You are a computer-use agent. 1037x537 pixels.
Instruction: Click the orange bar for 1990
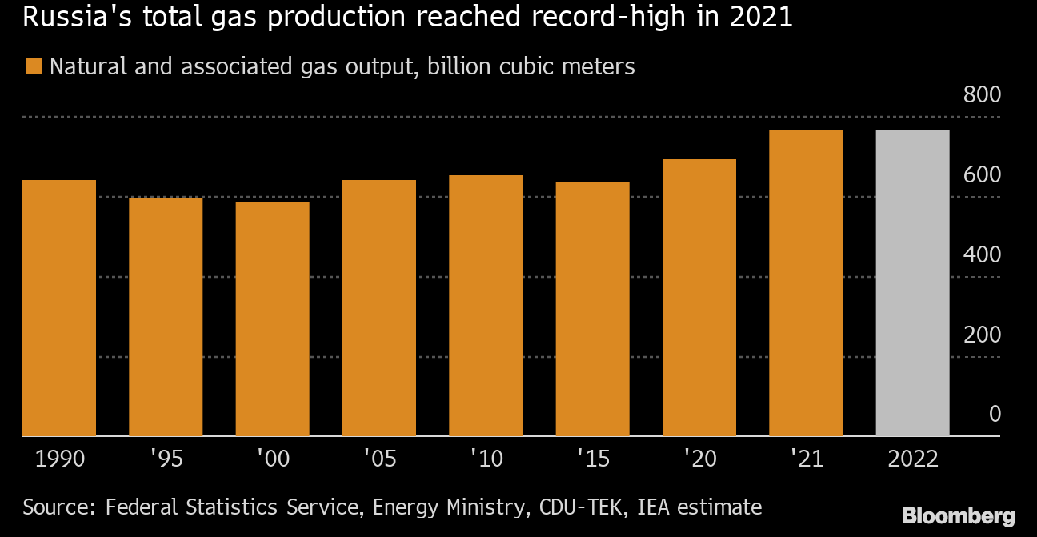pos(59,308)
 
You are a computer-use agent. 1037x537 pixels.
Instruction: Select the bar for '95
pos(166,317)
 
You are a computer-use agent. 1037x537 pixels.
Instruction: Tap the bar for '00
pos(272,319)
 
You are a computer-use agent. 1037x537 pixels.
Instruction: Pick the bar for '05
pos(379,308)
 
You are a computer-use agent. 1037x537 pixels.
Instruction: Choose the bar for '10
pos(486,306)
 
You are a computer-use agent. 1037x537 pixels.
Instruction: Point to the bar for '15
pos(592,309)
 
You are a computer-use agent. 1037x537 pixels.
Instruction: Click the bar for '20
pos(699,298)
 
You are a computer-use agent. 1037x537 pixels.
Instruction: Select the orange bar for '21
pos(806,283)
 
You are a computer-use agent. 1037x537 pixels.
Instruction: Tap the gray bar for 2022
pos(912,283)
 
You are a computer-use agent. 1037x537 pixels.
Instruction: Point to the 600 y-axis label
pos(983,174)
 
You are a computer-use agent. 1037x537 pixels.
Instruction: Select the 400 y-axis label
pos(983,254)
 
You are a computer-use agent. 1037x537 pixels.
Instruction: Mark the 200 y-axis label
pos(983,335)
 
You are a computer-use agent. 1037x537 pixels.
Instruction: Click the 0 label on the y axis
pos(995,414)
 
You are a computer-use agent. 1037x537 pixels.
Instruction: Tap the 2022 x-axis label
pos(912,459)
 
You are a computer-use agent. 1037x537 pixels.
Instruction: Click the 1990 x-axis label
pos(59,459)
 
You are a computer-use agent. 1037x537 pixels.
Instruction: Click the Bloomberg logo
pos(958,515)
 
